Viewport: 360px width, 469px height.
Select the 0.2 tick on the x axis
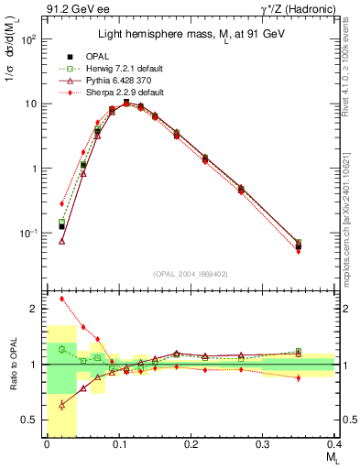[191, 446]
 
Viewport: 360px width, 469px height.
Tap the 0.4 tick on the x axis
[334, 446]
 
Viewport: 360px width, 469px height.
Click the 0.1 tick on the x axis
[118, 446]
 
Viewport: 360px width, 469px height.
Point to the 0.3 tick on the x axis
[263, 446]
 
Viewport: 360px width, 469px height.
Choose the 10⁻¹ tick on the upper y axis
[31, 234]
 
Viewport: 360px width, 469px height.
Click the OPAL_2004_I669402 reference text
[191, 272]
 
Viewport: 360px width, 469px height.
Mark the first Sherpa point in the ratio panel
[61, 299]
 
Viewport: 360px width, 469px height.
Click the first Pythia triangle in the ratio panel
[61, 405]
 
